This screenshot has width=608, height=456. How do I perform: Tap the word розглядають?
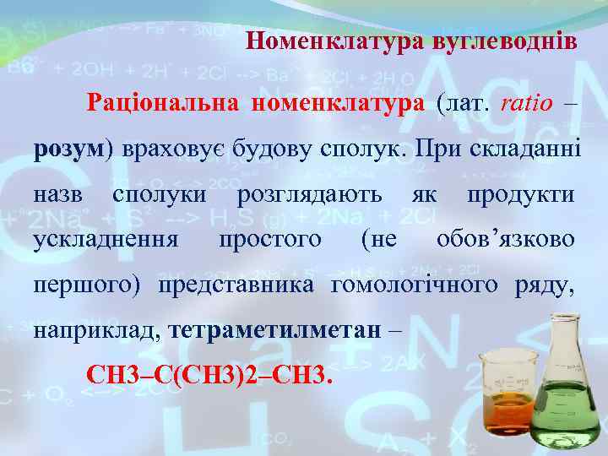(x=309, y=194)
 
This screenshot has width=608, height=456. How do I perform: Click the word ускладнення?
(x=106, y=239)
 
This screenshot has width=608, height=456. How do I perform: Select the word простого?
(x=269, y=239)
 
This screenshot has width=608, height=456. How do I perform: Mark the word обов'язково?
(x=506, y=239)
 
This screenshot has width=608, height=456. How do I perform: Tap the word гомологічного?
(x=415, y=284)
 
